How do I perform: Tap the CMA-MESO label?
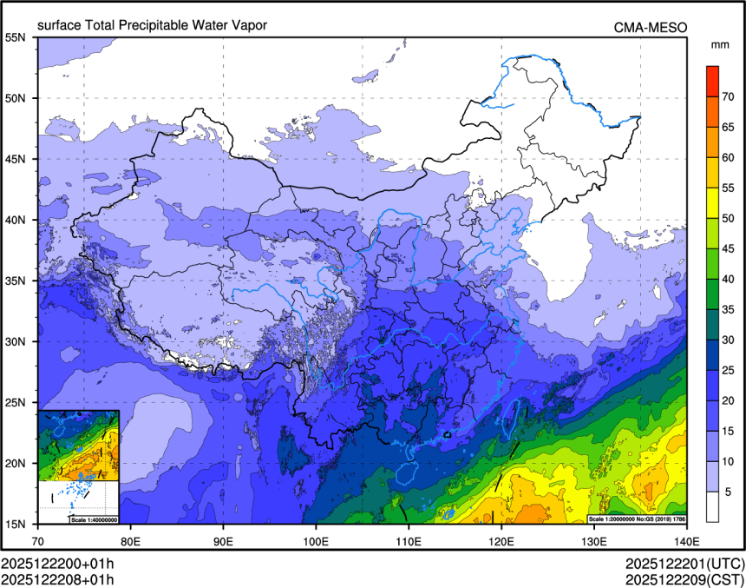point(651,27)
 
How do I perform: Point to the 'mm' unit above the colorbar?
point(719,44)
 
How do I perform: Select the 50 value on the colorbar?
point(729,218)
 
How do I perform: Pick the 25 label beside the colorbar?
point(729,370)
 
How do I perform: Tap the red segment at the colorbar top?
point(712,81)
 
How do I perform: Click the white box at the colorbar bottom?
point(712,506)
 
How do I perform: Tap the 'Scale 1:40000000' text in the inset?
point(93,519)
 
